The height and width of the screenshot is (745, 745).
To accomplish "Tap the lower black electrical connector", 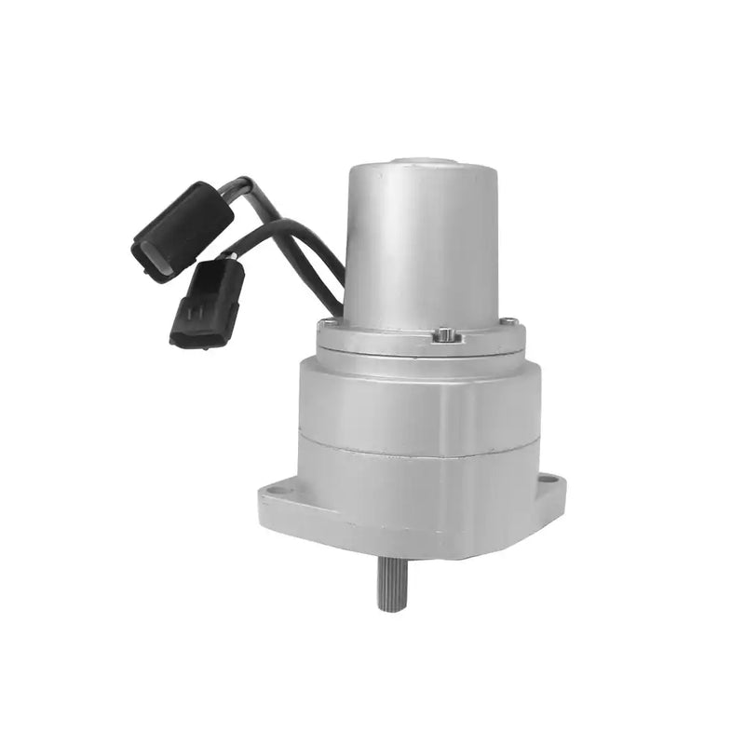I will click(208, 302).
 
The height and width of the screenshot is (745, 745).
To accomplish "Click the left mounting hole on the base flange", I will click(276, 490).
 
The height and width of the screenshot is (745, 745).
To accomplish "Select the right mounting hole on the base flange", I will click(549, 480).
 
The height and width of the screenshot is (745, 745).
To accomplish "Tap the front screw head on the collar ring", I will click(446, 333).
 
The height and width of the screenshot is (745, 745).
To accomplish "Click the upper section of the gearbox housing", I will click(419, 400).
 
